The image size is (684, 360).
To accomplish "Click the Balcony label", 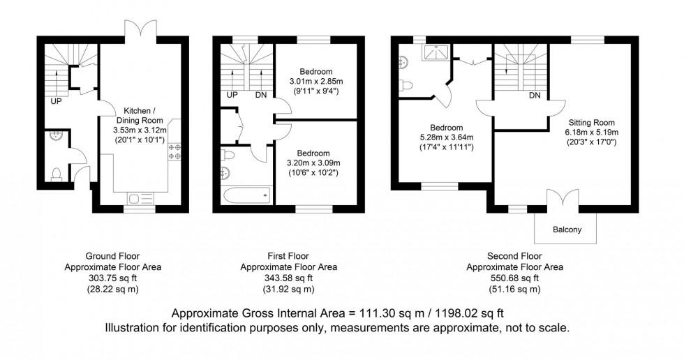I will click(x=566, y=230).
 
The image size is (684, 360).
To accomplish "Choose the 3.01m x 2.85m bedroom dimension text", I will click(x=316, y=82).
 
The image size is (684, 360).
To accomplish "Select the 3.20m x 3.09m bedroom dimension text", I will click(x=316, y=162).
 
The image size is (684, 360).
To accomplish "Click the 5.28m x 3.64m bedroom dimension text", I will click(x=446, y=137).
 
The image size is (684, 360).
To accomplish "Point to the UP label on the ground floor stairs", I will click(x=54, y=100).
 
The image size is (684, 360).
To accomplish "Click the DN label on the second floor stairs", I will click(x=535, y=95).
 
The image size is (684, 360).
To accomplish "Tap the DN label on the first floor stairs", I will click(x=260, y=96).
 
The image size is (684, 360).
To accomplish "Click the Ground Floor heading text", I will click(x=112, y=256).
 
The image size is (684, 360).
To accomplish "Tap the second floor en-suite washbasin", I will click(x=404, y=61).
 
